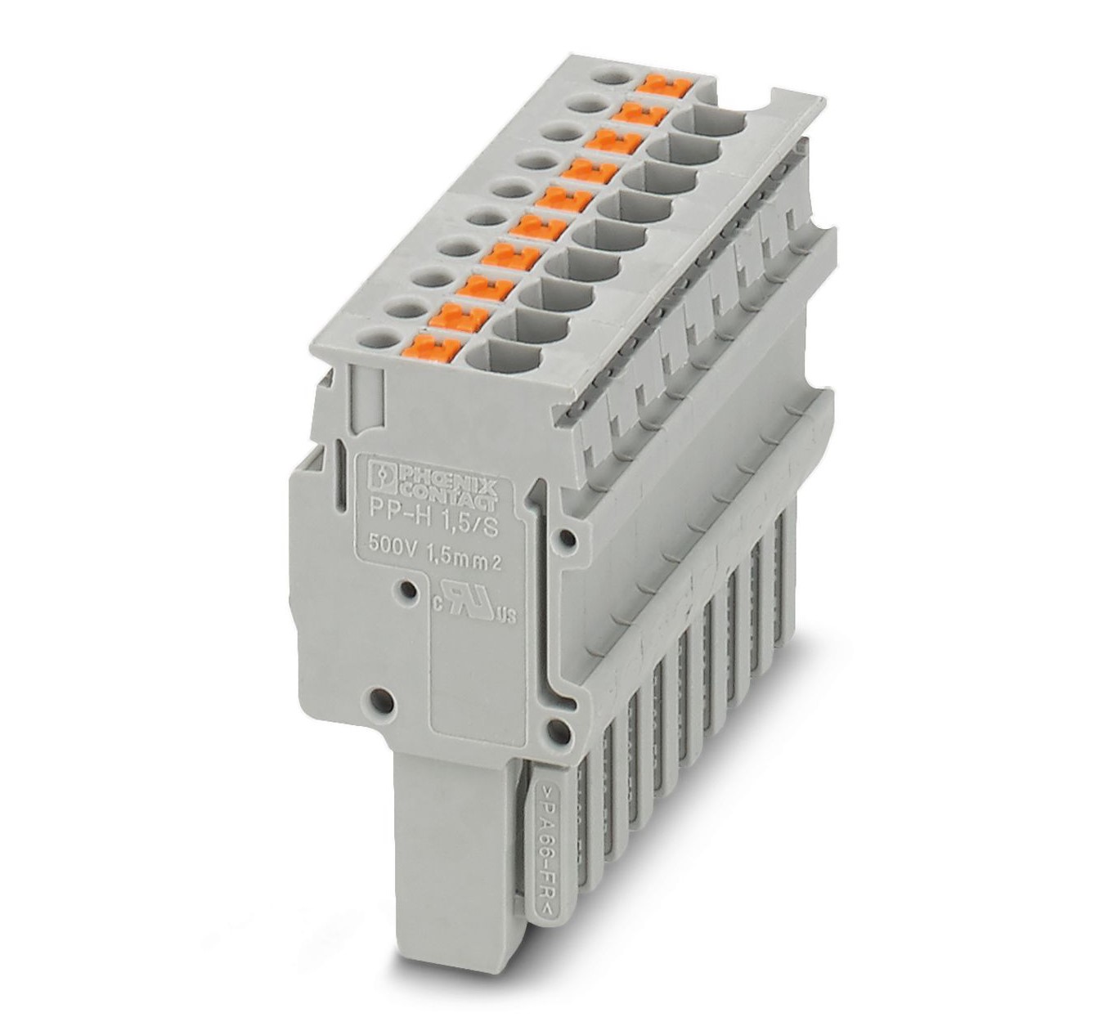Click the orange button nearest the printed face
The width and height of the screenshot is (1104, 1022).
[x=436, y=346]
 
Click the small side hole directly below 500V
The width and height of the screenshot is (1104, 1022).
[x=402, y=589]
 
